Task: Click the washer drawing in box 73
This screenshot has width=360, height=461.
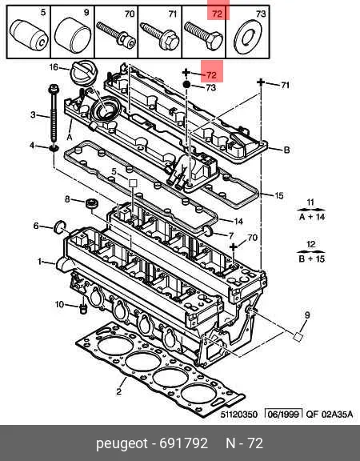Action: coord(248,37)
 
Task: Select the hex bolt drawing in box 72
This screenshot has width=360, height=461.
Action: coord(203,36)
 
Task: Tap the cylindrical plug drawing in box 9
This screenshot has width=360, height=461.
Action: coord(73,35)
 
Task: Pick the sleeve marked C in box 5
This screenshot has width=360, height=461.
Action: coord(29,34)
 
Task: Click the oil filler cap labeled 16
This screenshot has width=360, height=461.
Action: coord(83,74)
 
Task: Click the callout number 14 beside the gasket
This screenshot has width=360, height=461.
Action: coord(238,222)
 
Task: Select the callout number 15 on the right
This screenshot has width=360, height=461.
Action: coord(278,195)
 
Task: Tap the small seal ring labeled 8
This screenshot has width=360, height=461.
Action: coord(92,203)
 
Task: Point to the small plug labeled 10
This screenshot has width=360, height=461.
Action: coord(83,309)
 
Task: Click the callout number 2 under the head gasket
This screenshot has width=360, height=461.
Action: coord(118,391)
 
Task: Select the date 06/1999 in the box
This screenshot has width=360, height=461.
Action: coord(283,415)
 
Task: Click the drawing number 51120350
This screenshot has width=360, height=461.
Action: coord(239,415)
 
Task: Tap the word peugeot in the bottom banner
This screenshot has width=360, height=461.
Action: coord(122,443)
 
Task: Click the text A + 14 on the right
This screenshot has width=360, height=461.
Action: coord(312,217)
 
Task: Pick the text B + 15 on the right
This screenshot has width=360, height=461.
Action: coord(311,259)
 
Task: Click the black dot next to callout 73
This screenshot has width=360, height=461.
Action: coord(186,85)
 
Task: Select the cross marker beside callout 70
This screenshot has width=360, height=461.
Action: coord(234,247)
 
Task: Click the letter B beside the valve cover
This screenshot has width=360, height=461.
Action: coord(286,150)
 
